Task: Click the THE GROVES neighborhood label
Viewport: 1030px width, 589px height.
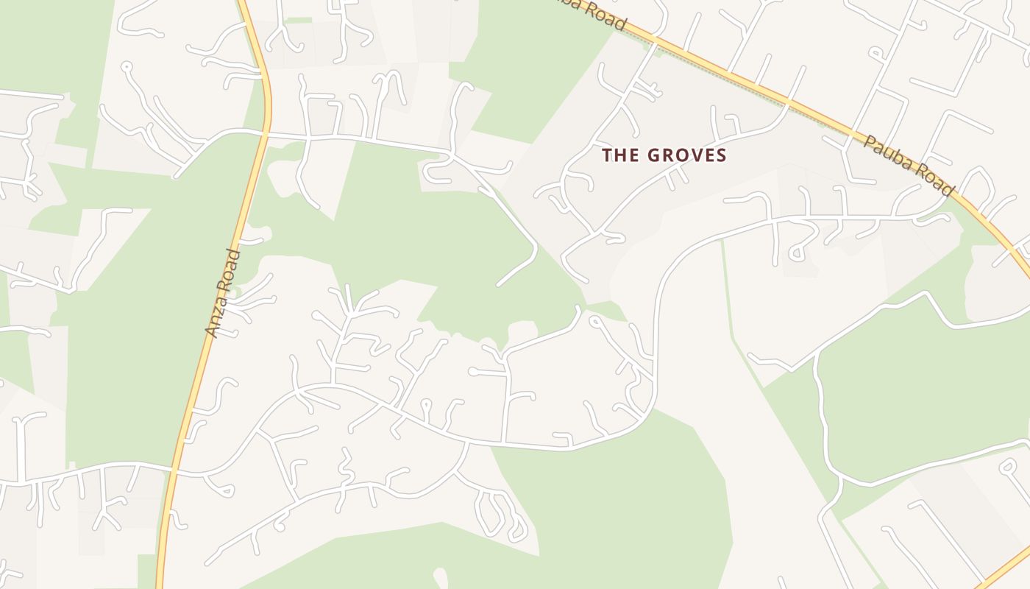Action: coord(664,155)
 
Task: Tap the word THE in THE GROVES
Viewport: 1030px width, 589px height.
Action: coord(620,155)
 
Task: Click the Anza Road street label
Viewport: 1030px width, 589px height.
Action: coord(224,294)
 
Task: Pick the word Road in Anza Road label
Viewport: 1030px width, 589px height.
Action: coord(231,270)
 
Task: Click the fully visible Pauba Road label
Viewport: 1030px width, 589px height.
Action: coord(909,166)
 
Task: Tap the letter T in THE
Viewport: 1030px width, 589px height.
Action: coord(607,155)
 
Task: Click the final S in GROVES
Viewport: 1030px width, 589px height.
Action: coord(721,155)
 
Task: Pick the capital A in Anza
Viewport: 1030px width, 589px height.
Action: coord(213,332)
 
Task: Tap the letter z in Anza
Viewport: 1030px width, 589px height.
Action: coord(218,314)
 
